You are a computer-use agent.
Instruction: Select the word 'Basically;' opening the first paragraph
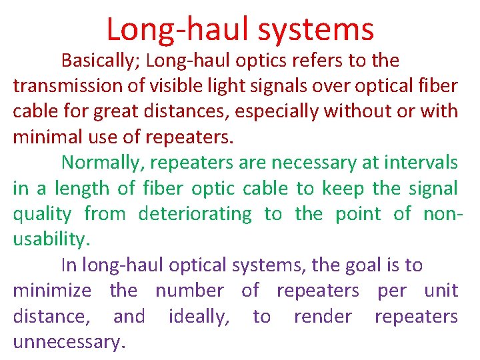pyautogui.click(x=101, y=61)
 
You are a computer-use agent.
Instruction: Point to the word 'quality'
pyautogui.click(x=42, y=214)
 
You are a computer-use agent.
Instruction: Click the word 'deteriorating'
pyautogui.click(x=195, y=214)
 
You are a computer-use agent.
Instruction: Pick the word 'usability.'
pyautogui.click(x=49, y=239)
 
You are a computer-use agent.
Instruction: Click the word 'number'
pyautogui.click(x=189, y=291)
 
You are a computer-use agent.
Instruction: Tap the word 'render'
pyautogui.click(x=323, y=316)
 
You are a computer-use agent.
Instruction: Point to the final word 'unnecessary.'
pyautogui.click(x=69, y=342)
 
